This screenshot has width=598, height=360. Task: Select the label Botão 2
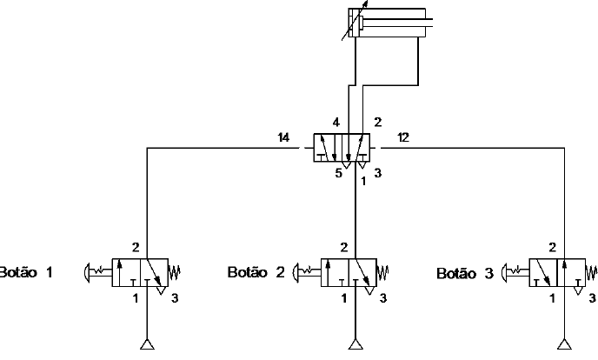(256, 272)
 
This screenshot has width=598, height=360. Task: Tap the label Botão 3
(465, 273)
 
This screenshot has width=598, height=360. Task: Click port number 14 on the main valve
(283, 137)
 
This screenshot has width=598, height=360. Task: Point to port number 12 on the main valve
(404, 137)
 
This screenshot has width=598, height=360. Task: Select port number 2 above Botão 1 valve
(136, 247)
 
